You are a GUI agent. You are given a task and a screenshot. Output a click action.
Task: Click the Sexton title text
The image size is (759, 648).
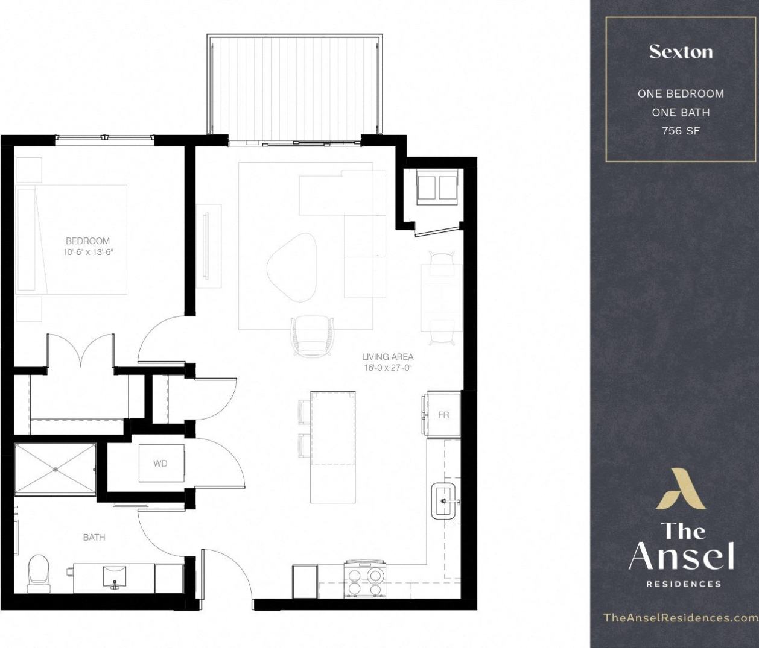681,52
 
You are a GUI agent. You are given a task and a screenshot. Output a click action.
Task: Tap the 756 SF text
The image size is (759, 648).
681,130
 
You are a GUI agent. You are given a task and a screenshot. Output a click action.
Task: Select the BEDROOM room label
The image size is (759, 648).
88,241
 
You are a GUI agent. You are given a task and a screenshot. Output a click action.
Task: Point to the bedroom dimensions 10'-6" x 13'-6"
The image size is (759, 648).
88,253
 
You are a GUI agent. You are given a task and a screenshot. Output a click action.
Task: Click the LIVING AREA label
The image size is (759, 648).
387,357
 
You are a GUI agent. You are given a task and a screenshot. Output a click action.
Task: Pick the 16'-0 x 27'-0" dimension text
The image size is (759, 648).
387,368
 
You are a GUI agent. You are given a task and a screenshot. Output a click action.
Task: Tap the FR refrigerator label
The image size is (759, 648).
443,415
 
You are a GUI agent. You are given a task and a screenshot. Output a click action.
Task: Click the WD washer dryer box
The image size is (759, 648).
161,463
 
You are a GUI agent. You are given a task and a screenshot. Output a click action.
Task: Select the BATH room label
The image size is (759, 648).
94,537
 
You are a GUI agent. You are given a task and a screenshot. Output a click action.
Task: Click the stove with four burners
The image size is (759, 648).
364,580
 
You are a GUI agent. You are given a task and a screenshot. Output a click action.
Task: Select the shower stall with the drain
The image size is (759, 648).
55,469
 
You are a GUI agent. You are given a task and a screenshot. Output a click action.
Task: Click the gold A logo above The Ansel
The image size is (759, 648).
680,488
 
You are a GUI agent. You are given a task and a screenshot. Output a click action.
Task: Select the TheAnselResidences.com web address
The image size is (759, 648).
680,618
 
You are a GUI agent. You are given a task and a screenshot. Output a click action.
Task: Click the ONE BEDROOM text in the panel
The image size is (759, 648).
681,94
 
